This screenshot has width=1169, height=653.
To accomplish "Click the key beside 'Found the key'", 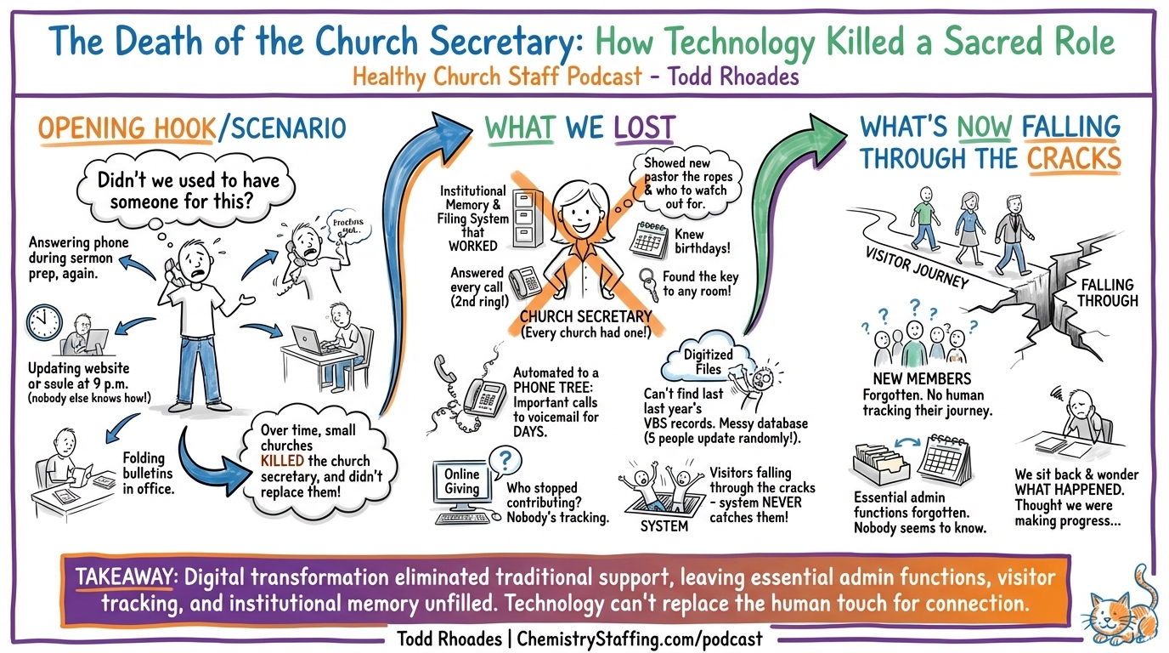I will pos(648,282).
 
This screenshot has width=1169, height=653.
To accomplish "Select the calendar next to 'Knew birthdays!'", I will pos(649,238).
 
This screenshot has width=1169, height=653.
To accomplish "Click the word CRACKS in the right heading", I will pos(1074,158).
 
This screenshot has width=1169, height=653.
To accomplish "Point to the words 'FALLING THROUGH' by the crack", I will pos(1109,292).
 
